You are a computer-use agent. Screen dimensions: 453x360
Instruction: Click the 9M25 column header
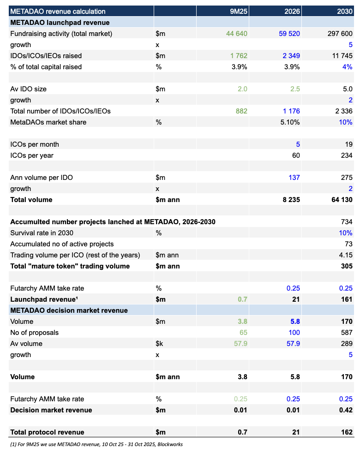239,12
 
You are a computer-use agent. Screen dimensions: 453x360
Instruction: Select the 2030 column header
344,12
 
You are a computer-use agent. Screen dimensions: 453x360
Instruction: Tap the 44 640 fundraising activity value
237,34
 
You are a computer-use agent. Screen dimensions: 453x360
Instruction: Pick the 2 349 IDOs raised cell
290,56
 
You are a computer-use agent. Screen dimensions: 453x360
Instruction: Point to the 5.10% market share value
289,122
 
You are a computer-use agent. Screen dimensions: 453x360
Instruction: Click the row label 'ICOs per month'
35,144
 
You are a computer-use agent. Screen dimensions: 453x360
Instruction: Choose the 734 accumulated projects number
347,222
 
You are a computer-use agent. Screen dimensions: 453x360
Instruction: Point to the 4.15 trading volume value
346,255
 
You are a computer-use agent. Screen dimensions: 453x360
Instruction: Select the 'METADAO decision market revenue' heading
69,310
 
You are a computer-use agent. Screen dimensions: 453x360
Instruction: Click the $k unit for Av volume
160,344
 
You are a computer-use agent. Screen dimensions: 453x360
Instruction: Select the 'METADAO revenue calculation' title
58,12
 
